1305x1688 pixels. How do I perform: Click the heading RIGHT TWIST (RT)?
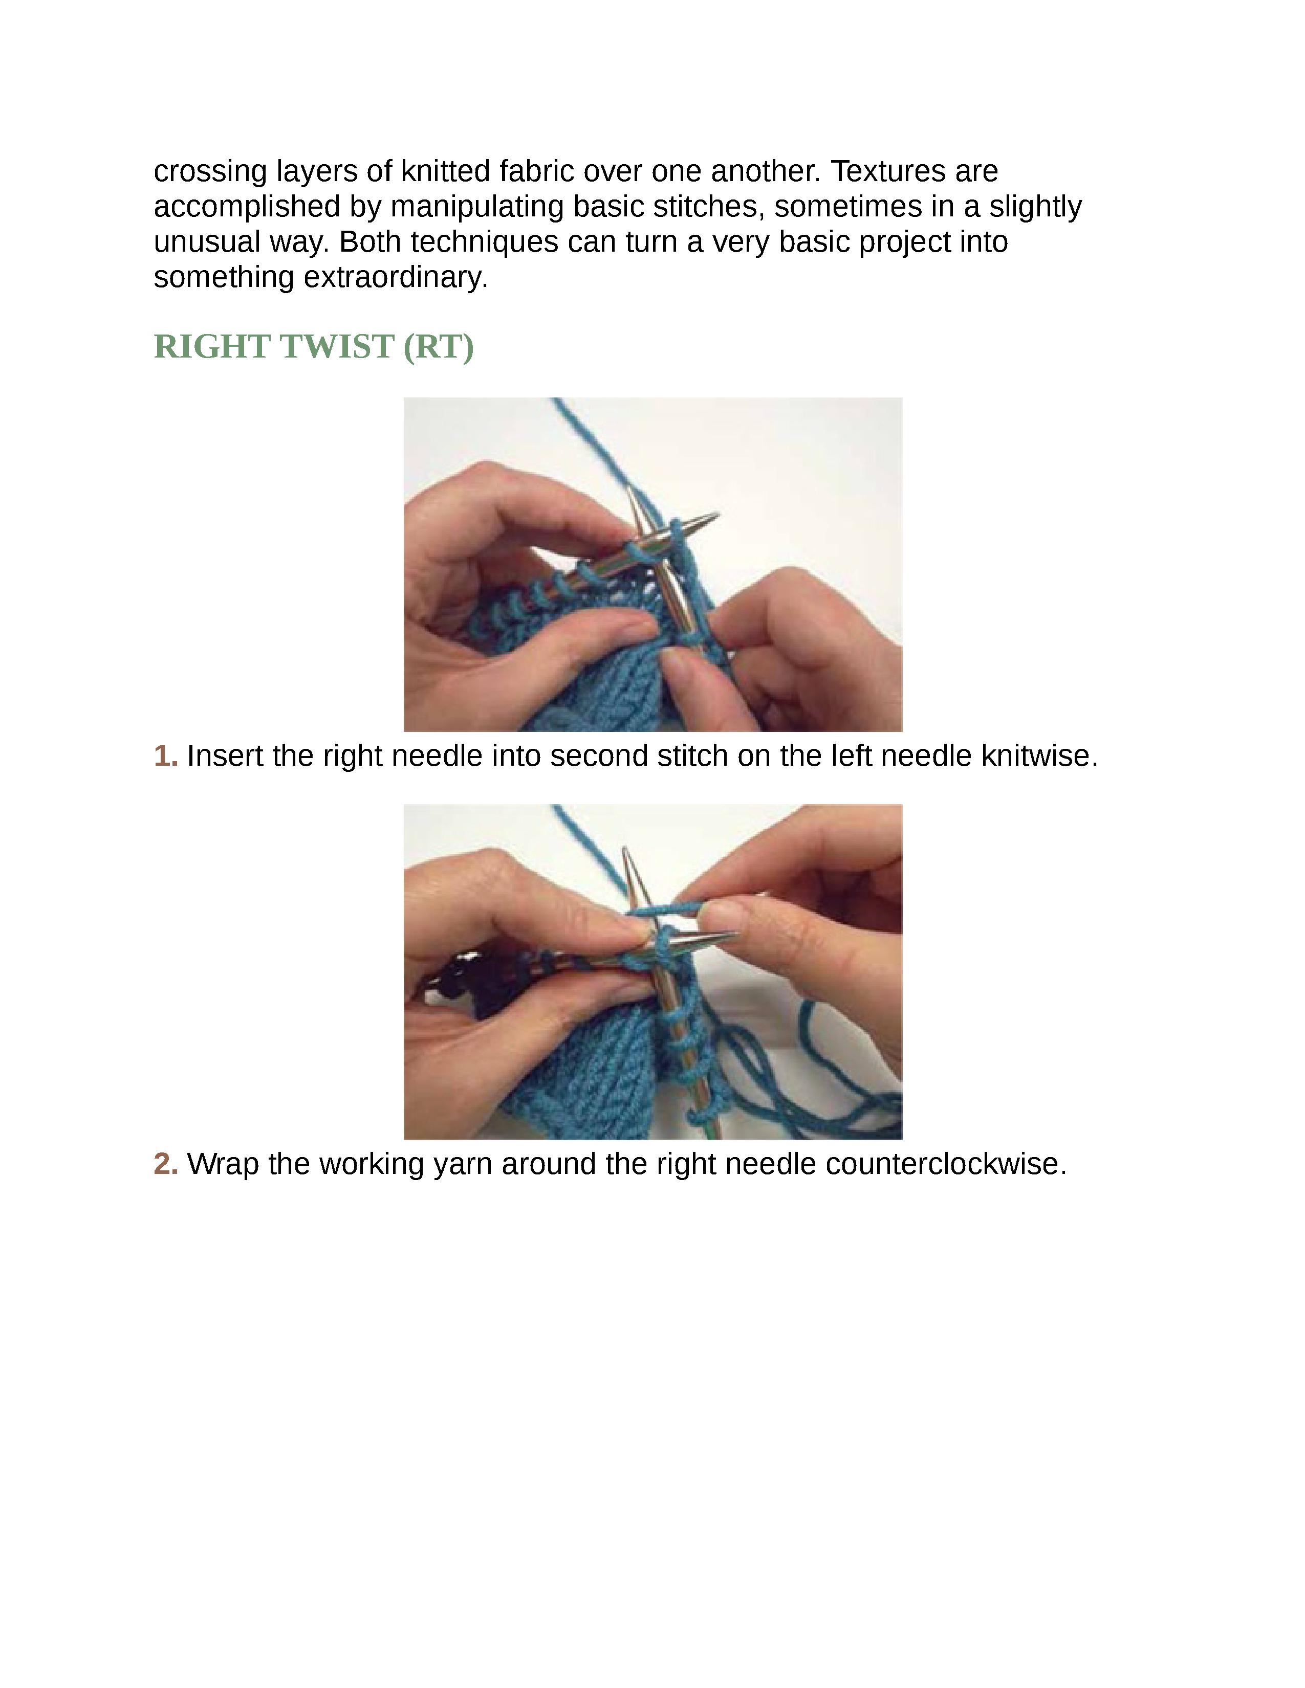[313, 346]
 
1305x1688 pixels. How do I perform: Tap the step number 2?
[165, 1163]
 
